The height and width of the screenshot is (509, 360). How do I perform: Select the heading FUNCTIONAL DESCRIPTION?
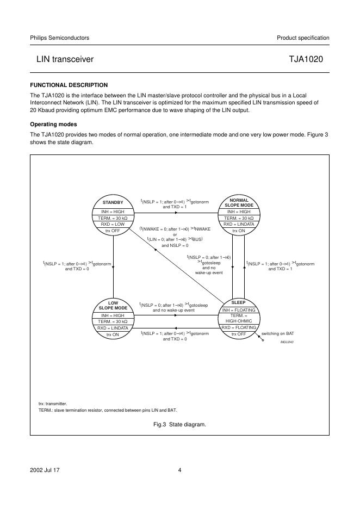69,85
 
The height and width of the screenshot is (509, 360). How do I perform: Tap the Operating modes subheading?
53,125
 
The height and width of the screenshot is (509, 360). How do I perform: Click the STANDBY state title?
113,202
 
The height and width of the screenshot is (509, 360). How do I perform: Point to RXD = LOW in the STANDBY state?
113,224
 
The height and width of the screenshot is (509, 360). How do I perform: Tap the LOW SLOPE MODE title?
113,305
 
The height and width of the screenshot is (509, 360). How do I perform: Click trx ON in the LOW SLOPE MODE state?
113,334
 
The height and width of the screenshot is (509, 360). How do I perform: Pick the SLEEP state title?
238,302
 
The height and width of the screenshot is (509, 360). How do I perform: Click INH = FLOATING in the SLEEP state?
238,310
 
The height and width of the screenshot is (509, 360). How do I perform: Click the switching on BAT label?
278,333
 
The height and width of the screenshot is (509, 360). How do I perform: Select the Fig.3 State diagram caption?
180,424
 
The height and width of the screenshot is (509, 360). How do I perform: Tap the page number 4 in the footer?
179,471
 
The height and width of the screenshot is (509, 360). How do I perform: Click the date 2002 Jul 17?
44,471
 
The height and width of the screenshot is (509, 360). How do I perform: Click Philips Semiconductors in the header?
60,38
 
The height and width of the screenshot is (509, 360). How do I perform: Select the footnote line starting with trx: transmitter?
53,404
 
